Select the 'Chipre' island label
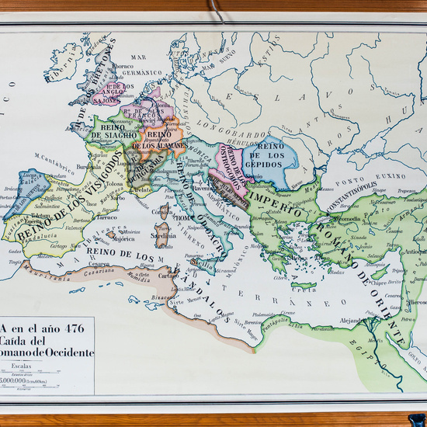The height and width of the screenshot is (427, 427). click(x=378, y=284)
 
